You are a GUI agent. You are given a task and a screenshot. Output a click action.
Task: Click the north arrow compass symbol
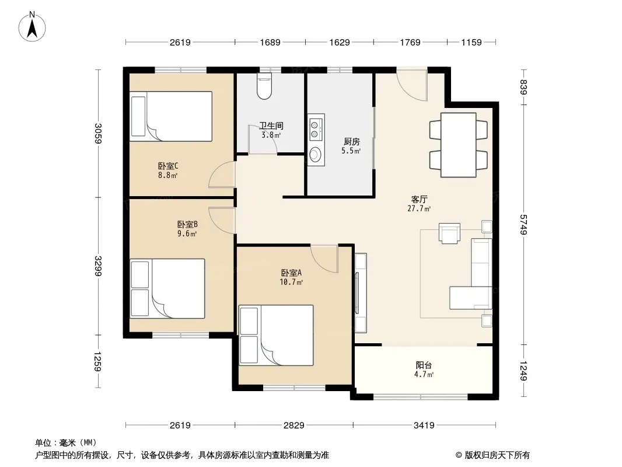click(x=32, y=27)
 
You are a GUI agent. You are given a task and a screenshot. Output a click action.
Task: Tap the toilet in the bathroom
click(x=264, y=86)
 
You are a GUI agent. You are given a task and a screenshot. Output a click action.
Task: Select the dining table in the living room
click(x=459, y=145)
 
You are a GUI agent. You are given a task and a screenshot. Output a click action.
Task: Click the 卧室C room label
click(x=168, y=166)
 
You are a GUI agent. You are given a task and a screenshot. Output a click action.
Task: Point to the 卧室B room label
click(x=187, y=225)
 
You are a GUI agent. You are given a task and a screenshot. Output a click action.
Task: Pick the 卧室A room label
click(x=291, y=273)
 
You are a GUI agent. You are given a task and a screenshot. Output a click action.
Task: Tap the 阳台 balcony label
click(x=424, y=365)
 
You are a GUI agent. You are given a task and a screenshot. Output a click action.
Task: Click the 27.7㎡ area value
click(x=419, y=208)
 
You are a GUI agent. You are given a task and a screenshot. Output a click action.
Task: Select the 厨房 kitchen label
click(x=351, y=142)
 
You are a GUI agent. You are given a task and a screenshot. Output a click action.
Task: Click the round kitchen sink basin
click(x=316, y=154)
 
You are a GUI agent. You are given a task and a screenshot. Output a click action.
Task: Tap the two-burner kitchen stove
click(x=316, y=128)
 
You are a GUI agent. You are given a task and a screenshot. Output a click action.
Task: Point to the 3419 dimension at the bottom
click(x=424, y=426)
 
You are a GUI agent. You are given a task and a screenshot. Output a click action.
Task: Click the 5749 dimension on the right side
click(x=523, y=225)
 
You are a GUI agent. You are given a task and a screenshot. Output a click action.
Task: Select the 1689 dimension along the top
click(x=270, y=42)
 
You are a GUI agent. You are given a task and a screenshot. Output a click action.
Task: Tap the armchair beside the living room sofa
click(x=449, y=233)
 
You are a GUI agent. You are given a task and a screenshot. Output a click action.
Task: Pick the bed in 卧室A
click(x=276, y=335)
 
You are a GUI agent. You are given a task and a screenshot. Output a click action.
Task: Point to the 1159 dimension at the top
click(x=471, y=42)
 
